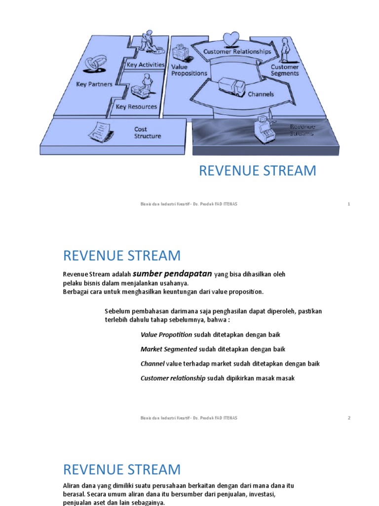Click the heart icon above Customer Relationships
[x=230, y=38]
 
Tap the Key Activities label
[x=146, y=65]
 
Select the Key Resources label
[x=136, y=106]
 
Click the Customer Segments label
[x=285, y=70]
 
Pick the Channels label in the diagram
[x=261, y=94]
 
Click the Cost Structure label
[x=148, y=132]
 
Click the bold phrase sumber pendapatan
[x=172, y=273]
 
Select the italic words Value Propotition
[x=166, y=335]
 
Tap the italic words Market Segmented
[x=169, y=349]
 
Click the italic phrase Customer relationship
[x=173, y=378]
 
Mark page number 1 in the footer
[x=349, y=204]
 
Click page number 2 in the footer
[x=349, y=418]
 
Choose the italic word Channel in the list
[x=152, y=364]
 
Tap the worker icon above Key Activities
[x=147, y=41]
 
